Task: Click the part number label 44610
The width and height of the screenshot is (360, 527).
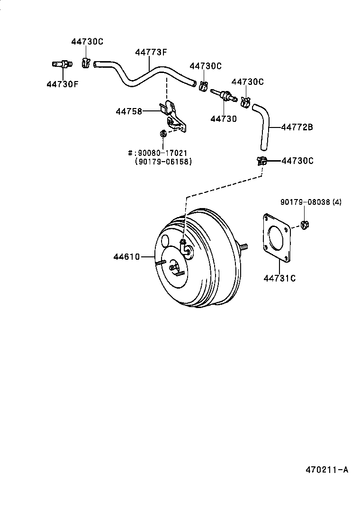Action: (126, 257)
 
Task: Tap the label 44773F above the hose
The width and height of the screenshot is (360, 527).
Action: (151, 53)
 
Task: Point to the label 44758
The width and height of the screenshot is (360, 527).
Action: (129, 111)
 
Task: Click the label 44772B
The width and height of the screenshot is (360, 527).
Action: (297, 127)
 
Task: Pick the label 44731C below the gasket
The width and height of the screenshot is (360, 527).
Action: (279, 278)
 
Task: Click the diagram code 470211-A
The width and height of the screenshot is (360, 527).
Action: (327, 470)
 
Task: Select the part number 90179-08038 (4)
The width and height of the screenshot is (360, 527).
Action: (310, 202)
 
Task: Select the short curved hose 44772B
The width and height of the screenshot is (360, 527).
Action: (263, 126)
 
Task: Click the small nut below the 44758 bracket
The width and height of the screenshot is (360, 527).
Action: (162, 135)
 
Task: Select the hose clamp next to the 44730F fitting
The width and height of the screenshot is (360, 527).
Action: (86, 62)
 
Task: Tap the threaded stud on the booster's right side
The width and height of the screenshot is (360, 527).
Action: (243, 247)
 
